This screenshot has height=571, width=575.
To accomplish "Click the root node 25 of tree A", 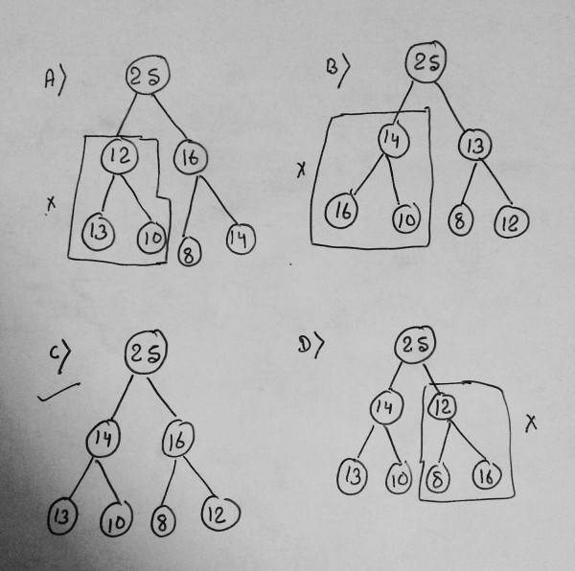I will pyautogui.click(x=146, y=81).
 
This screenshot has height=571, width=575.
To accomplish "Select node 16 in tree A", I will pyautogui.click(x=189, y=158).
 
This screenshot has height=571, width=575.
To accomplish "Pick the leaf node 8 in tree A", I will pyautogui.click(x=189, y=253).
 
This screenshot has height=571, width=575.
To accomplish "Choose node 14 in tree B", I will pyautogui.click(x=389, y=142).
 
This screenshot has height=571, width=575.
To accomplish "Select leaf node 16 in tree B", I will pyautogui.click(x=341, y=212).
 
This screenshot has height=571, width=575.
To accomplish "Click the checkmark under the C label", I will pyautogui.click(x=56, y=392).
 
